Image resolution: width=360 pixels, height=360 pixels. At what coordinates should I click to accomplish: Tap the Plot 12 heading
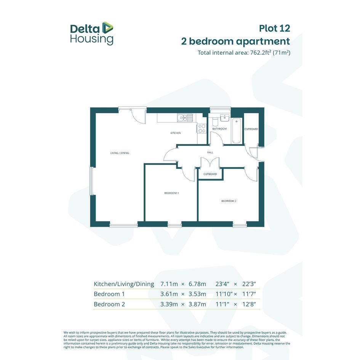click(275, 29)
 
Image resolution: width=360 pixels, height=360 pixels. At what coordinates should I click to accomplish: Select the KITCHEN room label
click(175, 133)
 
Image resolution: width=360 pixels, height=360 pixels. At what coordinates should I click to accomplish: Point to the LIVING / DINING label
click(120, 153)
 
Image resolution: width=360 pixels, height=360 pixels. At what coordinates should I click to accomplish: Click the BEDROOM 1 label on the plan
click(171, 193)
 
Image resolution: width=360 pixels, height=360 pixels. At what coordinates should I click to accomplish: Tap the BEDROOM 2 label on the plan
click(229, 201)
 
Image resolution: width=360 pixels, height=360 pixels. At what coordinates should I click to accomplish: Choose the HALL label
click(210, 152)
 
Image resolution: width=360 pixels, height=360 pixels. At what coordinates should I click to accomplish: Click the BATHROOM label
click(219, 129)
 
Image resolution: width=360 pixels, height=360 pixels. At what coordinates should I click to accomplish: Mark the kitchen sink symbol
click(185, 118)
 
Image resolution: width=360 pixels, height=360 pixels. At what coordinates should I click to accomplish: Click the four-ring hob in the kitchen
click(202, 128)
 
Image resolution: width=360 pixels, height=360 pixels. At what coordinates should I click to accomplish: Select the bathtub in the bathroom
click(237, 131)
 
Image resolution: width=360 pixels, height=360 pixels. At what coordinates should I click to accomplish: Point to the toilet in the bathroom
click(215, 122)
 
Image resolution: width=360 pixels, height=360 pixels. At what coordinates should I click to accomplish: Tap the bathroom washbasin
click(224, 118)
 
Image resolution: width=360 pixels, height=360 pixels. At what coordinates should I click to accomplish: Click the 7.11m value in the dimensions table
click(169, 284)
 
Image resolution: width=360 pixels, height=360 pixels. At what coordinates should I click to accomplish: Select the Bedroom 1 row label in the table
click(109, 294)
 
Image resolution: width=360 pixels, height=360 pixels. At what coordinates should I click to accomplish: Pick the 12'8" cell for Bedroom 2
click(249, 304)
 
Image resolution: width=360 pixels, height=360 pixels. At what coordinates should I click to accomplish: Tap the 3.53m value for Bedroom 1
click(197, 294)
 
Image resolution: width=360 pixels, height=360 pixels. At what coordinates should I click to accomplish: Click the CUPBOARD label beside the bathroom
click(251, 129)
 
